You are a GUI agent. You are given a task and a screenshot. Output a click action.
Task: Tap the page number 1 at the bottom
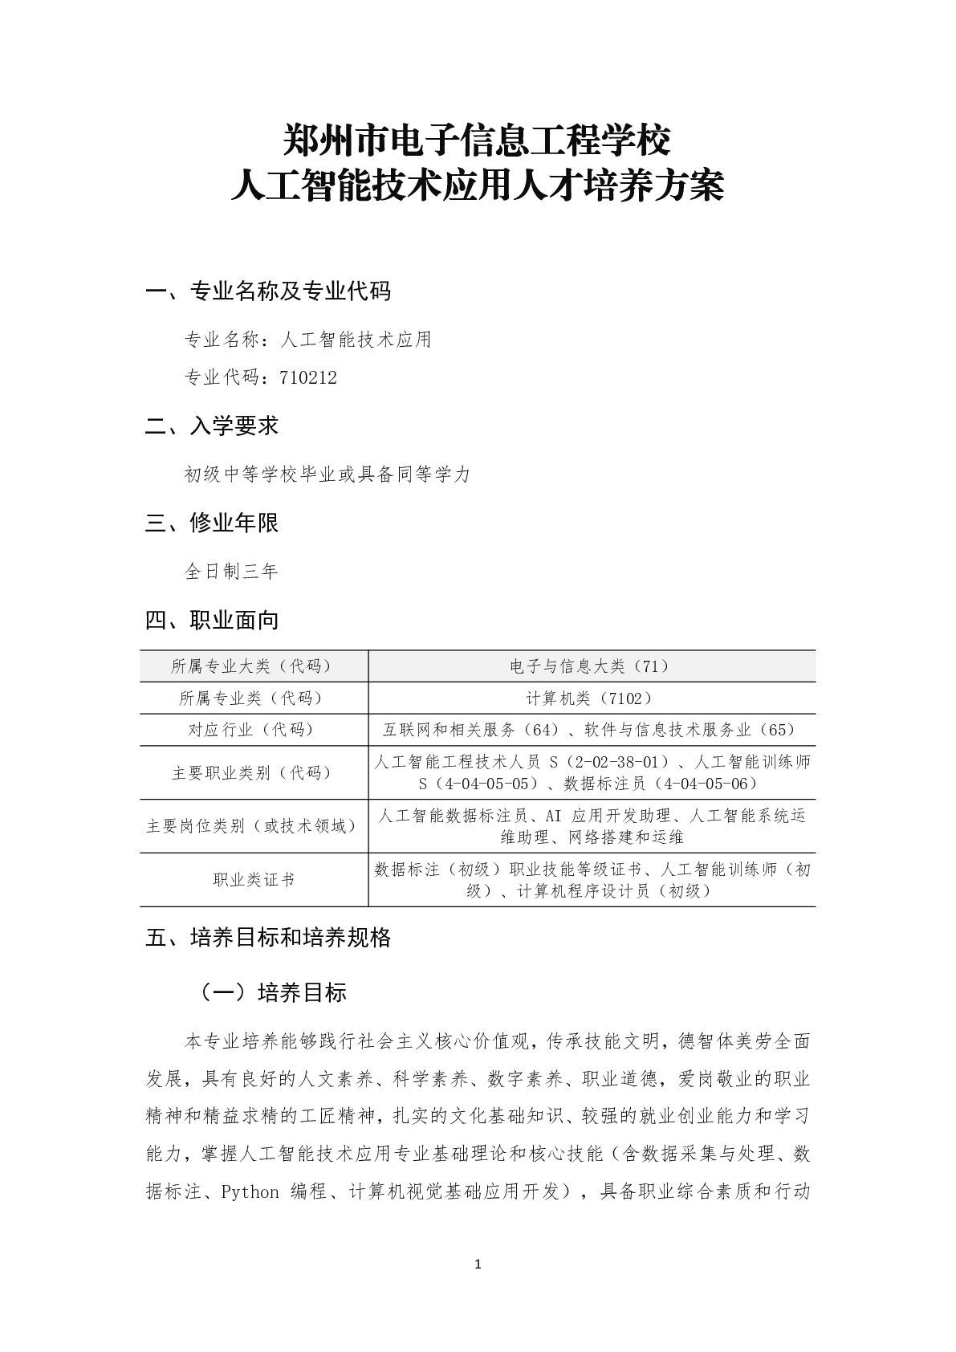[478, 1265]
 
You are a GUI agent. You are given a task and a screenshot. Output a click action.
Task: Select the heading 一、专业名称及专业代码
[268, 291]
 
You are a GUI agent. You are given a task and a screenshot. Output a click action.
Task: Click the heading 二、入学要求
[212, 426]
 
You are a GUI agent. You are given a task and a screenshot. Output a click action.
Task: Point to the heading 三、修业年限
[212, 523]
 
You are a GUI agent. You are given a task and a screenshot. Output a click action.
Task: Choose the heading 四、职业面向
[212, 620]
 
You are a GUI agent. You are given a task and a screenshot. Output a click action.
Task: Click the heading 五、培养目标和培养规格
[268, 937]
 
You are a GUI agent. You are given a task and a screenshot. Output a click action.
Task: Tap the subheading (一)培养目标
[273, 992]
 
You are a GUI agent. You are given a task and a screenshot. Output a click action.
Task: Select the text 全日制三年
[231, 572]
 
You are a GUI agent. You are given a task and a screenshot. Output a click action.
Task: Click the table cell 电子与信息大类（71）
[592, 666]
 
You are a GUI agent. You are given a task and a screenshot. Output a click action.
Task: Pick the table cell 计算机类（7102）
[592, 698]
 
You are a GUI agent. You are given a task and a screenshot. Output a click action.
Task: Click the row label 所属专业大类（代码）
[254, 666]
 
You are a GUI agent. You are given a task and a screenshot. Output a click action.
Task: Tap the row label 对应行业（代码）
[254, 730]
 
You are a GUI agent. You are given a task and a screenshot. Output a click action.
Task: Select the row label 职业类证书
[254, 880]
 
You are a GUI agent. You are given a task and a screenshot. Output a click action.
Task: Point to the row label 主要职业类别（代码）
[254, 772]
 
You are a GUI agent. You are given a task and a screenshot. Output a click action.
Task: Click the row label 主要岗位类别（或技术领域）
[254, 826]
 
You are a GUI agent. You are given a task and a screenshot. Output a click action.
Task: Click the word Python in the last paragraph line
[250, 1191]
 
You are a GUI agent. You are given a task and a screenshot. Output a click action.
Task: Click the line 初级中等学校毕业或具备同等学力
[327, 474]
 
